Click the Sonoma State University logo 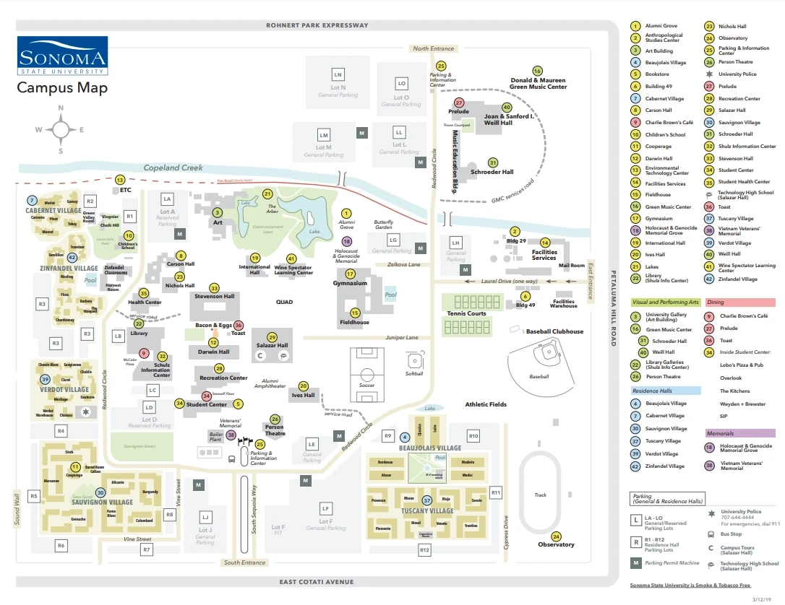[62, 56]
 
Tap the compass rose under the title [61, 129]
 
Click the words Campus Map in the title [62, 88]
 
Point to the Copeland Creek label [173, 167]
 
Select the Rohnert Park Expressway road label [317, 25]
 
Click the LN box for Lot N [338, 75]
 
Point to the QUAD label [284, 302]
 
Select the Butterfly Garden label [384, 225]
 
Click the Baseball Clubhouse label [554, 331]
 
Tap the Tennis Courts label [466, 313]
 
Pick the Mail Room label [571, 266]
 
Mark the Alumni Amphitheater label [275, 383]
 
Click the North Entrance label [433, 48]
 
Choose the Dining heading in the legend [716, 302]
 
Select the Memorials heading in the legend [721, 433]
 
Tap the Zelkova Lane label [405, 265]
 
